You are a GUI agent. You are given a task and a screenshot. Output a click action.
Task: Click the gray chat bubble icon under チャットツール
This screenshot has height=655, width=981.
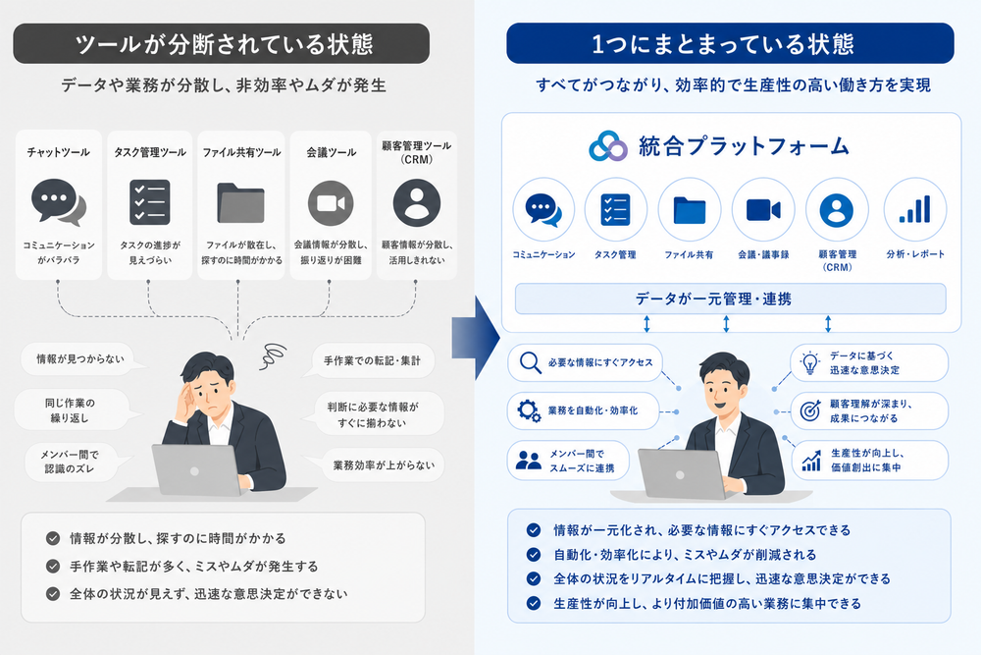coord(57,201)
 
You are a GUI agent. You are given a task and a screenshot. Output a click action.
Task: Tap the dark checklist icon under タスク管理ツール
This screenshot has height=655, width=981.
coord(149,202)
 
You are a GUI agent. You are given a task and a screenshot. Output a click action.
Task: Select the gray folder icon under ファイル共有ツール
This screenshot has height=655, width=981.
coord(240,203)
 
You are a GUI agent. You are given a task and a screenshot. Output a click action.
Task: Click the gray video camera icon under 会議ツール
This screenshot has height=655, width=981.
coord(331,203)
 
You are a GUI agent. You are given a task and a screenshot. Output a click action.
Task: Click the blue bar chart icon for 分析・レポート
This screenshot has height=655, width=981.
coord(914,209)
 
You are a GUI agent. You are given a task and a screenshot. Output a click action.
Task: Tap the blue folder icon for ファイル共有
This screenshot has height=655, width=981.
coord(690,210)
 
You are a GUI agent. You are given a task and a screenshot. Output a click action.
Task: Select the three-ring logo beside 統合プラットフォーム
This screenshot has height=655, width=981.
coord(607,146)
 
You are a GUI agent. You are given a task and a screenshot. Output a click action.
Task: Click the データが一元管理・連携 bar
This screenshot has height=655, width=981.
coord(730,299)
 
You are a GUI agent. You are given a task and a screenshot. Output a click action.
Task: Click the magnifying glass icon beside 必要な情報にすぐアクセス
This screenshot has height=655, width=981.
coord(531,362)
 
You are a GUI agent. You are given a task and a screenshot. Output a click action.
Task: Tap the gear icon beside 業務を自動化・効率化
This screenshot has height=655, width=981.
coord(529,410)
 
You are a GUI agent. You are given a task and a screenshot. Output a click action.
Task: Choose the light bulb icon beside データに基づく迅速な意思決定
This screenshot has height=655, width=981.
coord(810,362)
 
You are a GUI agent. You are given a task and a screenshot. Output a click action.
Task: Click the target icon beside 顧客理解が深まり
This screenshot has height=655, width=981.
coord(810,410)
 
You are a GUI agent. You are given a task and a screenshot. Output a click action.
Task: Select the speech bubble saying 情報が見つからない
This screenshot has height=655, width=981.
coord(82,358)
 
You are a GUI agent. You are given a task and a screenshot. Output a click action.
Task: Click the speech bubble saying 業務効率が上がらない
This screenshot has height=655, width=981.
coord(382,465)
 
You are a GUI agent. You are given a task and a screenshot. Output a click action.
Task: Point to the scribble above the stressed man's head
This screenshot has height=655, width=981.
coord(273,355)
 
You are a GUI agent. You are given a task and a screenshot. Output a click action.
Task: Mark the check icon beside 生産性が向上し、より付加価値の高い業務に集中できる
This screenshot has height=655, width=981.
coord(534,603)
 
